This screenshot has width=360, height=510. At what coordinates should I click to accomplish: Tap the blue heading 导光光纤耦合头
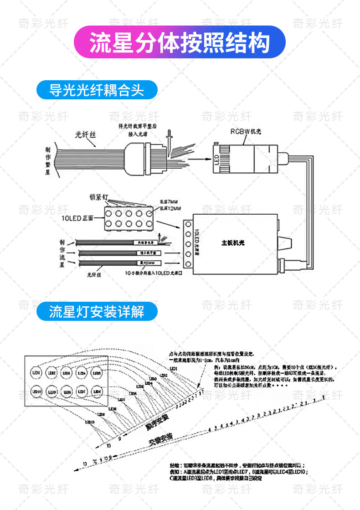pyautogui.click(x=97, y=90)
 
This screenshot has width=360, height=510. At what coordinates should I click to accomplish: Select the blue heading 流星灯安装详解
pyautogui.click(x=97, y=312)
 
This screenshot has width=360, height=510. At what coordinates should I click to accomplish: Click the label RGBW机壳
pyautogui.click(x=245, y=132)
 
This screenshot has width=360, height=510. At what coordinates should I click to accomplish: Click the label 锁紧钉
pyautogui.click(x=98, y=198)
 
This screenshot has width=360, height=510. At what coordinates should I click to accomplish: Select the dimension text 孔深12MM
pyautogui.click(x=168, y=208)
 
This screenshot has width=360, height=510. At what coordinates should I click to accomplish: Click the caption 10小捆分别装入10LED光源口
pyautogui.click(x=153, y=273)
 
